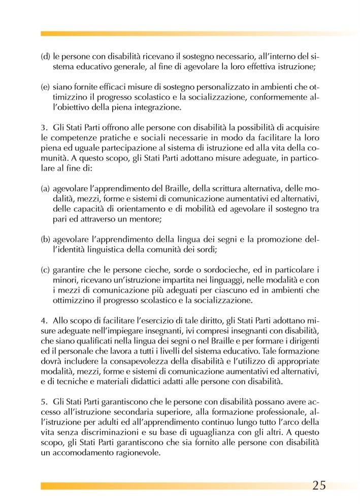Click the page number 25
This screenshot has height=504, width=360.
[319, 485]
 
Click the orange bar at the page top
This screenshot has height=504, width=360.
[198, 34]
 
